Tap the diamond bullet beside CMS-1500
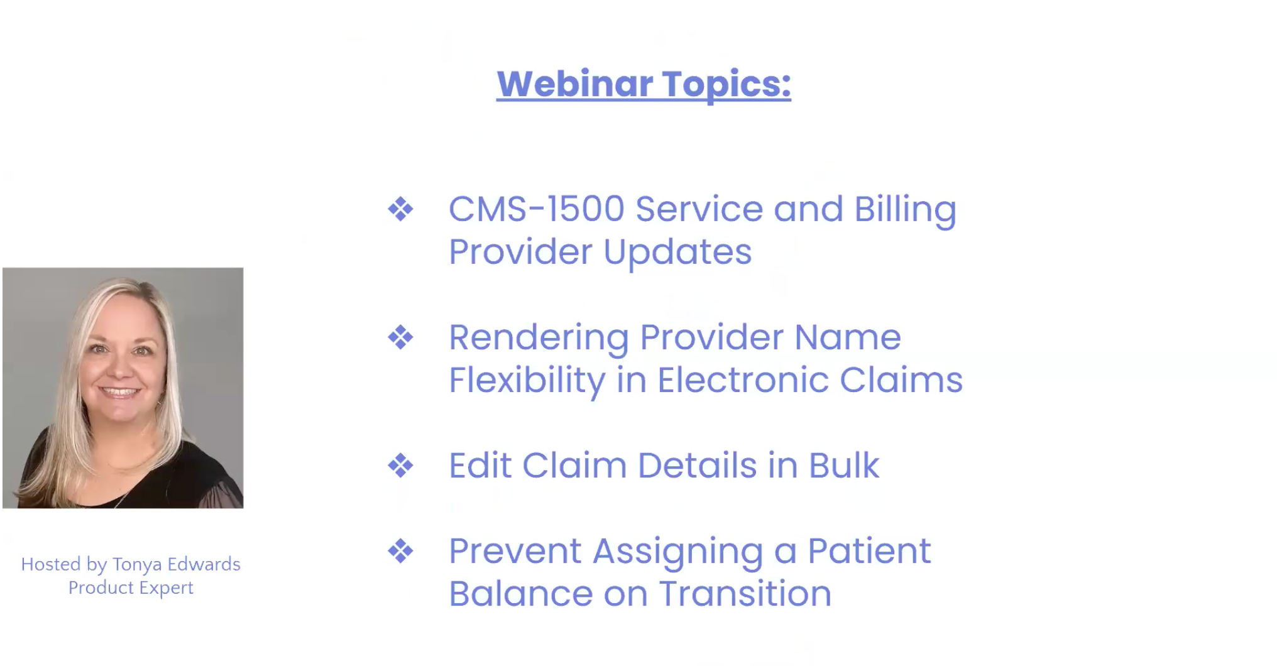[x=400, y=209]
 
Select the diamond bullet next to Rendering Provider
[x=400, y=337]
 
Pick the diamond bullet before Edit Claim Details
[x=400, y=466]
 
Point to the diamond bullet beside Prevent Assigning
[x=400, y=551]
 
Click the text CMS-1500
[x=536, y=209]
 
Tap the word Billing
[x=905, y=210]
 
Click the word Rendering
[x=539, y=338]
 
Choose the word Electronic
[x=743, y=379]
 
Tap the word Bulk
[x=843, y=466]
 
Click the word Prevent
[x=515, y=551]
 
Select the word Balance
[x=520, y=594]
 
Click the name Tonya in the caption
[x=137, y=565]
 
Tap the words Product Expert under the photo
[x=131, y=587]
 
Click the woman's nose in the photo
[x=121, y=366]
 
